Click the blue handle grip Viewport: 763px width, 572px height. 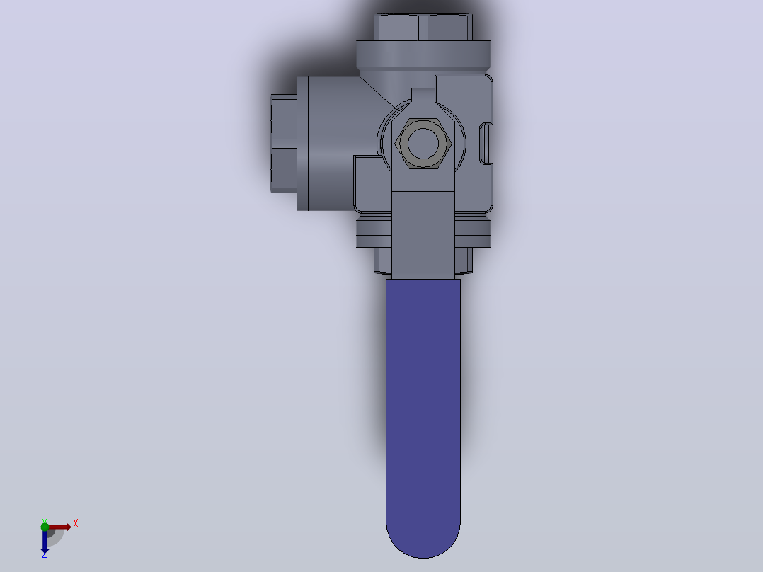click(423, 414)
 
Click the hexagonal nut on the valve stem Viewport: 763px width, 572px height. click(423, 143)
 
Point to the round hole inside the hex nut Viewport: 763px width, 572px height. click(423, 143)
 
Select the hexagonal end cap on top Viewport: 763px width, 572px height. click(423, 28)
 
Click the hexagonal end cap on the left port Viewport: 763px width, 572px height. click(284, 144)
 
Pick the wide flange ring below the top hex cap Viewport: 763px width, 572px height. click(423, 54)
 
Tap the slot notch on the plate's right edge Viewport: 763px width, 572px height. click(486, 143)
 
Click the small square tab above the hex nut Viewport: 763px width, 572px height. click(423, 94)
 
